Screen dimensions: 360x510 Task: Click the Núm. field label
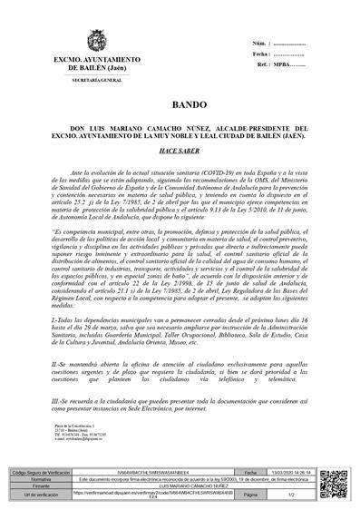tap(258, 44)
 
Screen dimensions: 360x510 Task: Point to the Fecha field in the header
tap(259, 54)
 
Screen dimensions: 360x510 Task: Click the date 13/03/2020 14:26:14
tap(296, 474)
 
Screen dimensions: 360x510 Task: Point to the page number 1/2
tap(296, 495)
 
